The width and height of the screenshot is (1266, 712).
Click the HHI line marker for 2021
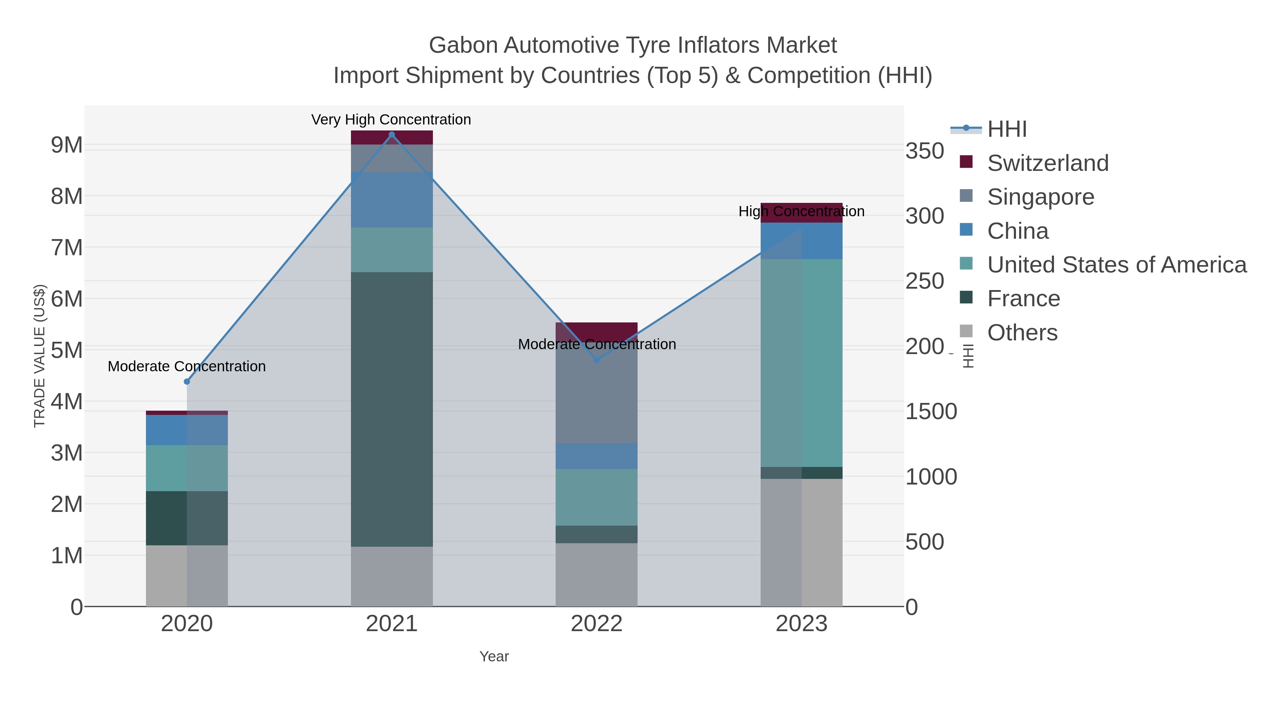(392, 135)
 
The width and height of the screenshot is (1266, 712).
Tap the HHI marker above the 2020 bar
(187, 382)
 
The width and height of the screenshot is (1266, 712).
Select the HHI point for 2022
(597, 360)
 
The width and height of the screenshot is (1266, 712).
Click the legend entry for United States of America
(1116, 265)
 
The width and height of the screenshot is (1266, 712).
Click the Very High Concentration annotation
(391, 120)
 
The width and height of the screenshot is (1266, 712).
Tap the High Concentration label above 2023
(801, 211)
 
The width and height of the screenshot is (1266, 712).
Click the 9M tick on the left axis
(67, 145)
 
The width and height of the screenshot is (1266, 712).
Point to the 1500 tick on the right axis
(931, 411)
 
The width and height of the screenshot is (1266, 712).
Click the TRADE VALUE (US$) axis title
(39, 356)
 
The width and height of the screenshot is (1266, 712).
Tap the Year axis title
(494, 656)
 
